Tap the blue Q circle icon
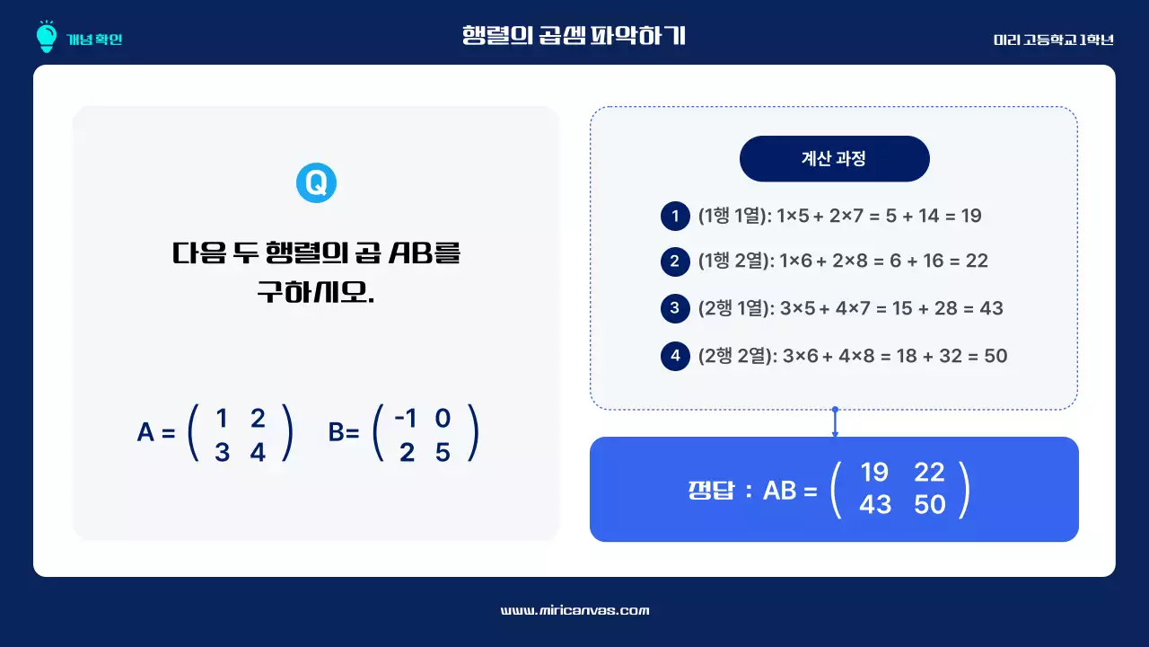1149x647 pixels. click(x=316, y=183)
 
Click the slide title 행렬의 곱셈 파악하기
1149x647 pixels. click(x=574, y=36)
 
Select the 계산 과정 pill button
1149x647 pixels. click(x=834, y=159)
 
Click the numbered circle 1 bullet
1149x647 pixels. click(x=674, y=216)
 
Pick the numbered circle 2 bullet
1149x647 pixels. click(x=674, y=261)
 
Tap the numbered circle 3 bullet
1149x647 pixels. click(x=674, y=309)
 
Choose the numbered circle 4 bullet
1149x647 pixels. click(x=674, y=356)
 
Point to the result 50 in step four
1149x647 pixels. click(x=996, y=356)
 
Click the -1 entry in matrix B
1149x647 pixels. click(x=407, y=419)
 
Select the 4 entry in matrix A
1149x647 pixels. click(x=259, y=453)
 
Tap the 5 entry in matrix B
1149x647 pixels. click(x=443, y=453)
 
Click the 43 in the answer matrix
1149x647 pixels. click(x=875, y=505)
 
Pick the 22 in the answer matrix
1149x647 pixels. click(x=929, y=472)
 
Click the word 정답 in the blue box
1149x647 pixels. click(x=710, y=491)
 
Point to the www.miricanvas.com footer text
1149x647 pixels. click(x=574, y=610)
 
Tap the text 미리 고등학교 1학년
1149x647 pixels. click(x=1053, y=40)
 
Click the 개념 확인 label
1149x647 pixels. click(x=94, y=39)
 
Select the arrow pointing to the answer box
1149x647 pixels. click(x=835, y=422)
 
